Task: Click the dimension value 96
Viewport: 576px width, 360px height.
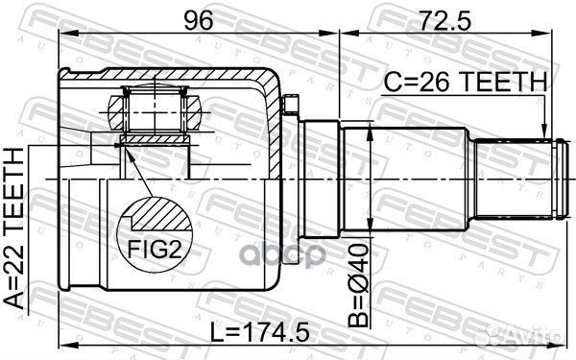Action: [x=199, y=20]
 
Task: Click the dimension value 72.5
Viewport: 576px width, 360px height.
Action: [x=444, y=20]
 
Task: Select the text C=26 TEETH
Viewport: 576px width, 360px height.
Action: [x=465, y=82]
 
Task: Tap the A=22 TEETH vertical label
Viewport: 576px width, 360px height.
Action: [x=14, y=228]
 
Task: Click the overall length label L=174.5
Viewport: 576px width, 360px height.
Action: [x=260, y=332]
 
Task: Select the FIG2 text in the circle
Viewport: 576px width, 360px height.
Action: [x=155, y=250]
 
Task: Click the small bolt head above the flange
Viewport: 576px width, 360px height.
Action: [x=290, y=105]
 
